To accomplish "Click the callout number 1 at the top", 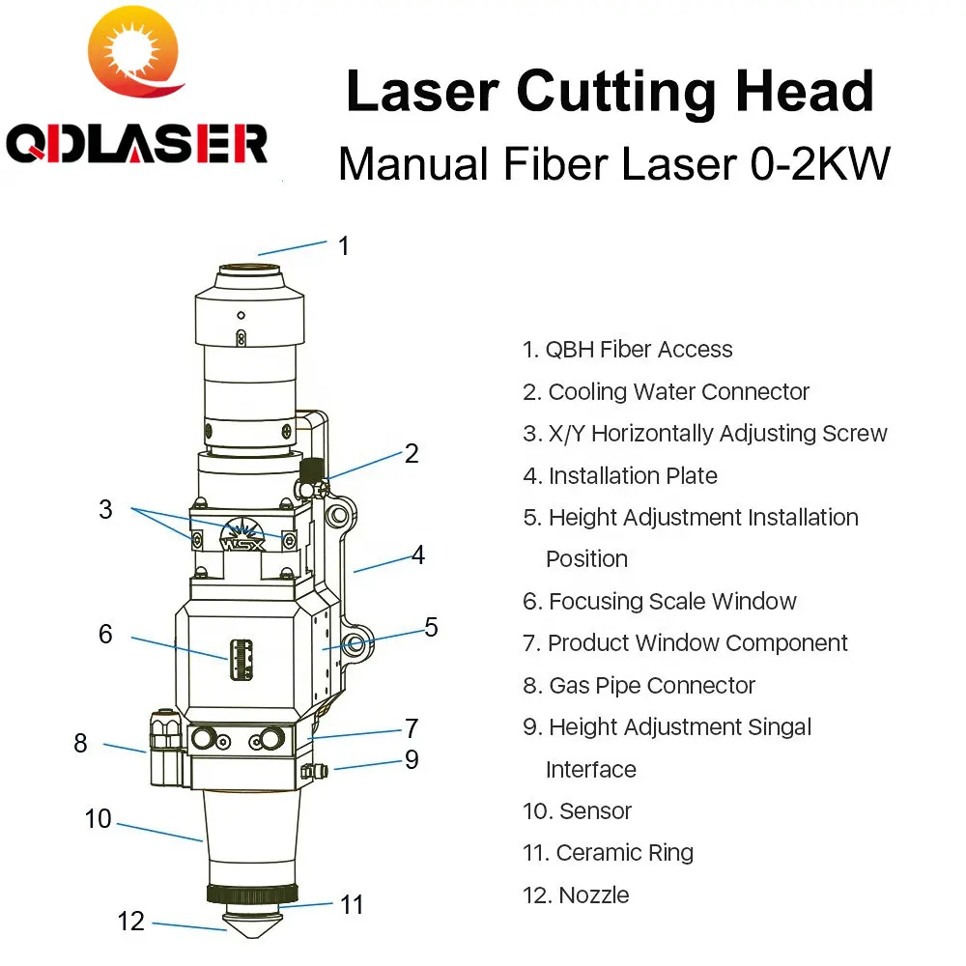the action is [343, 245].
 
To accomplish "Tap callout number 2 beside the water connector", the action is [412, 453].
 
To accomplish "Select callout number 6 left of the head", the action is [105, 634].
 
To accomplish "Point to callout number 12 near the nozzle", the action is [130, 921].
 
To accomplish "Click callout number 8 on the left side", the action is [80, 743].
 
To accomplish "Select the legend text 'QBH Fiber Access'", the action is [639, 350].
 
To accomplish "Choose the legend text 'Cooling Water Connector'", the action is [678, 391].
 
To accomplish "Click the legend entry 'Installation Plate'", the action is [633, 475].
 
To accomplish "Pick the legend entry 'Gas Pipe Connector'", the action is [652, 685].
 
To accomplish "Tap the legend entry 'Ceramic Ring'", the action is [624, 853].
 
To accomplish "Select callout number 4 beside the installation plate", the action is [417, 554].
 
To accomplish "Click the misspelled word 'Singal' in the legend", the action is [778, 727].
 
